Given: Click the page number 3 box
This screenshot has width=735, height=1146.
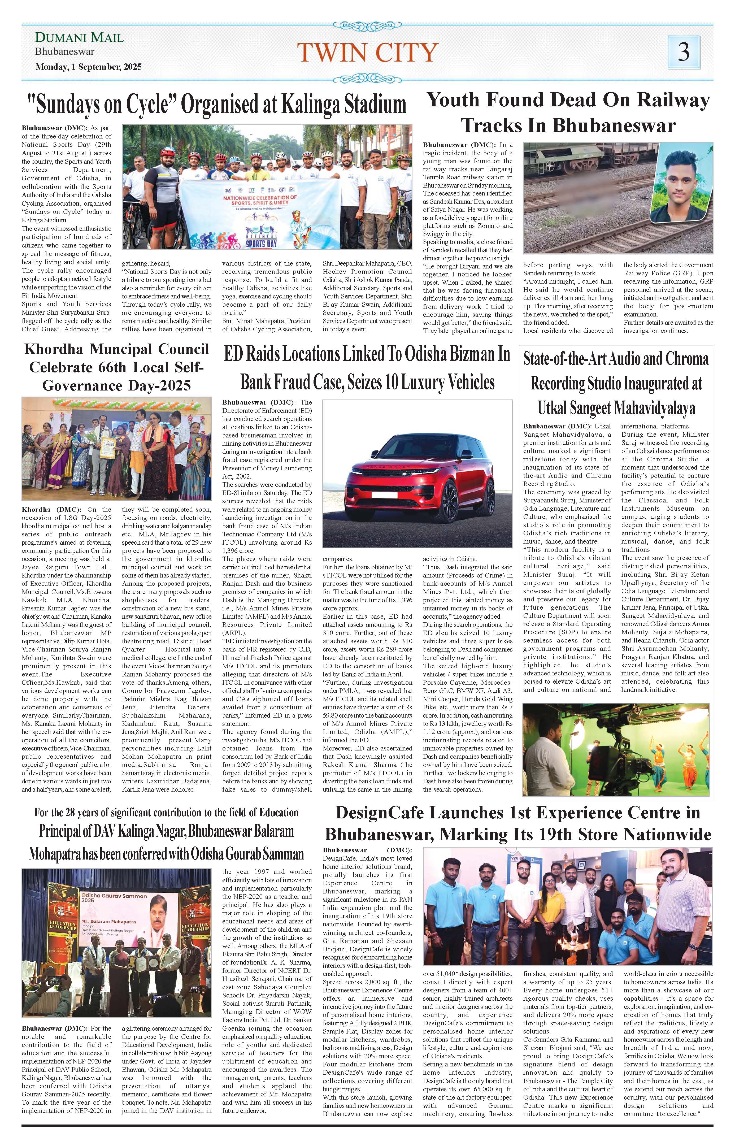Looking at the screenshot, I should click(x=684, y=51).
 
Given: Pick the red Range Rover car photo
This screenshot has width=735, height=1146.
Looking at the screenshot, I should click(x=417, y=474).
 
